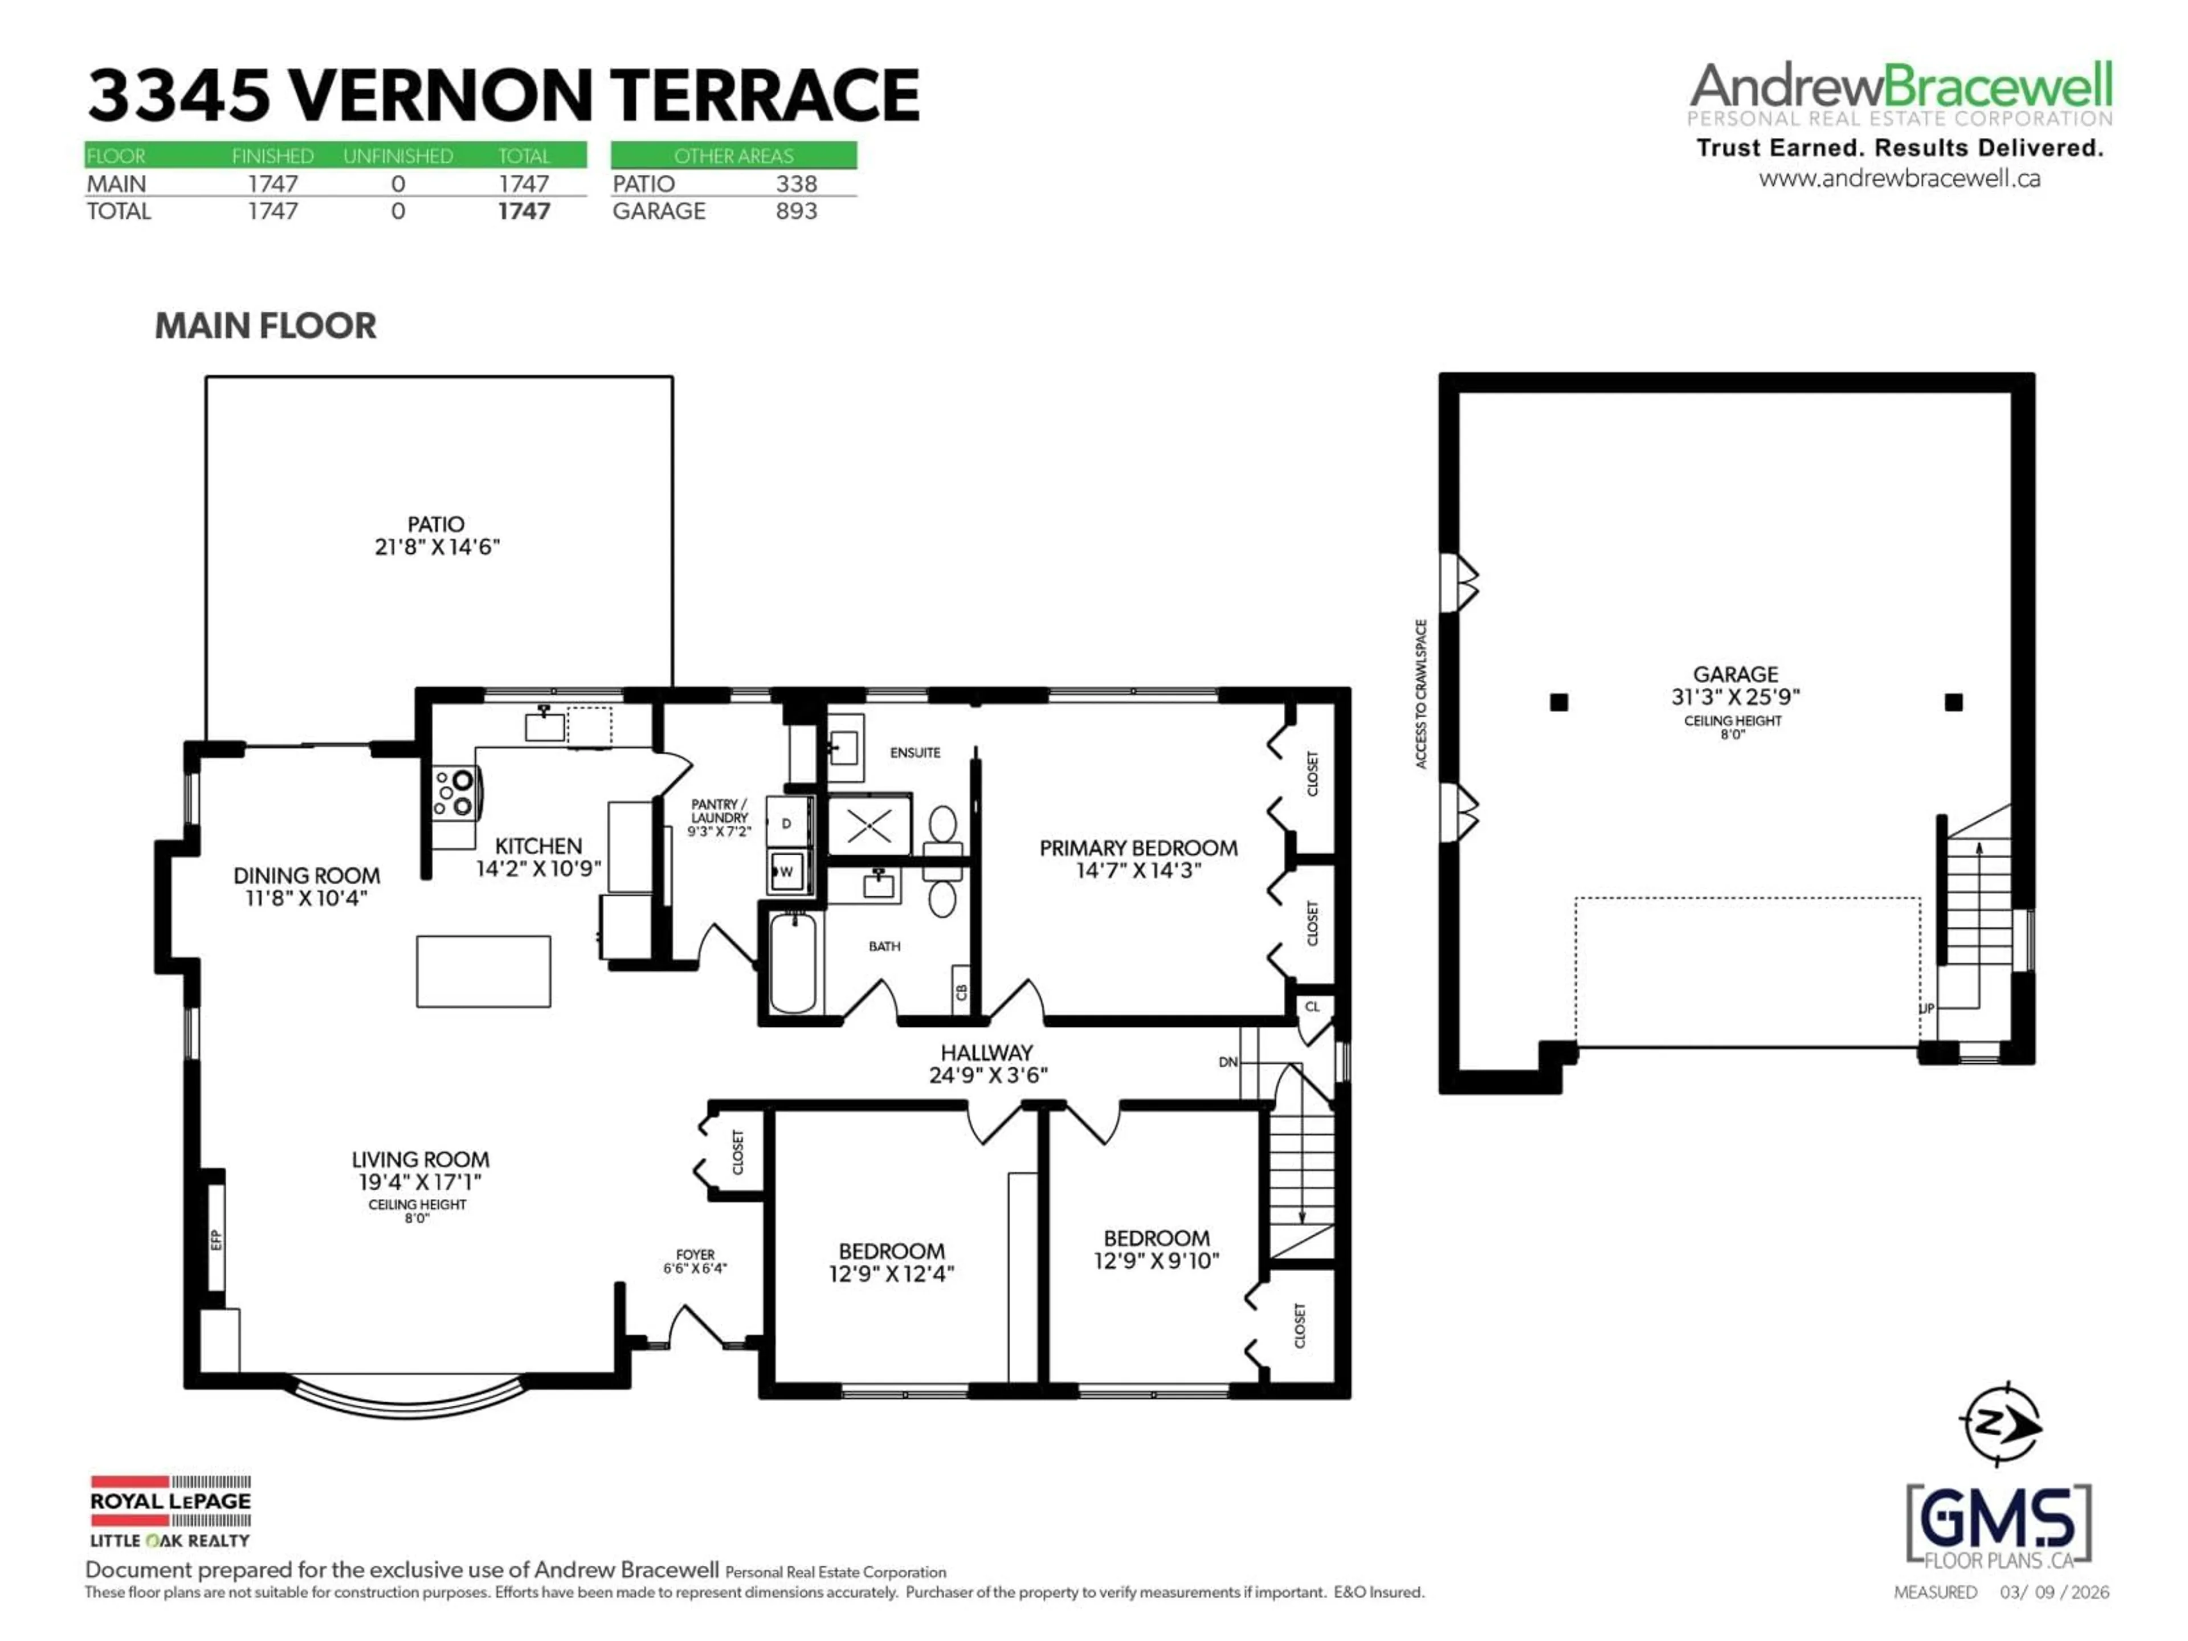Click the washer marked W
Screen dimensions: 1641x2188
(x=787, y=871)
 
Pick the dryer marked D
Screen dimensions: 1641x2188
(x=787, y=823)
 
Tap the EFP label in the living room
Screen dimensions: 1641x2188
(x=215, y=1239)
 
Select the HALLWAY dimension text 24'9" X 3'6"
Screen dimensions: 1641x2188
(x=987, y=1075)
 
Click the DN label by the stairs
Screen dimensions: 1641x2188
(x=1227, y=1062)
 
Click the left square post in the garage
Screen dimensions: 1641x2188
(x=1559, y=703)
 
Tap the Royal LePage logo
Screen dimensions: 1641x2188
(x=170, y=1511)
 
